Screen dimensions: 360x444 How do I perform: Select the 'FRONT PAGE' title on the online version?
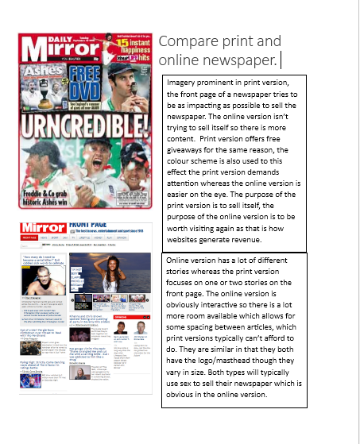point(88,226)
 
